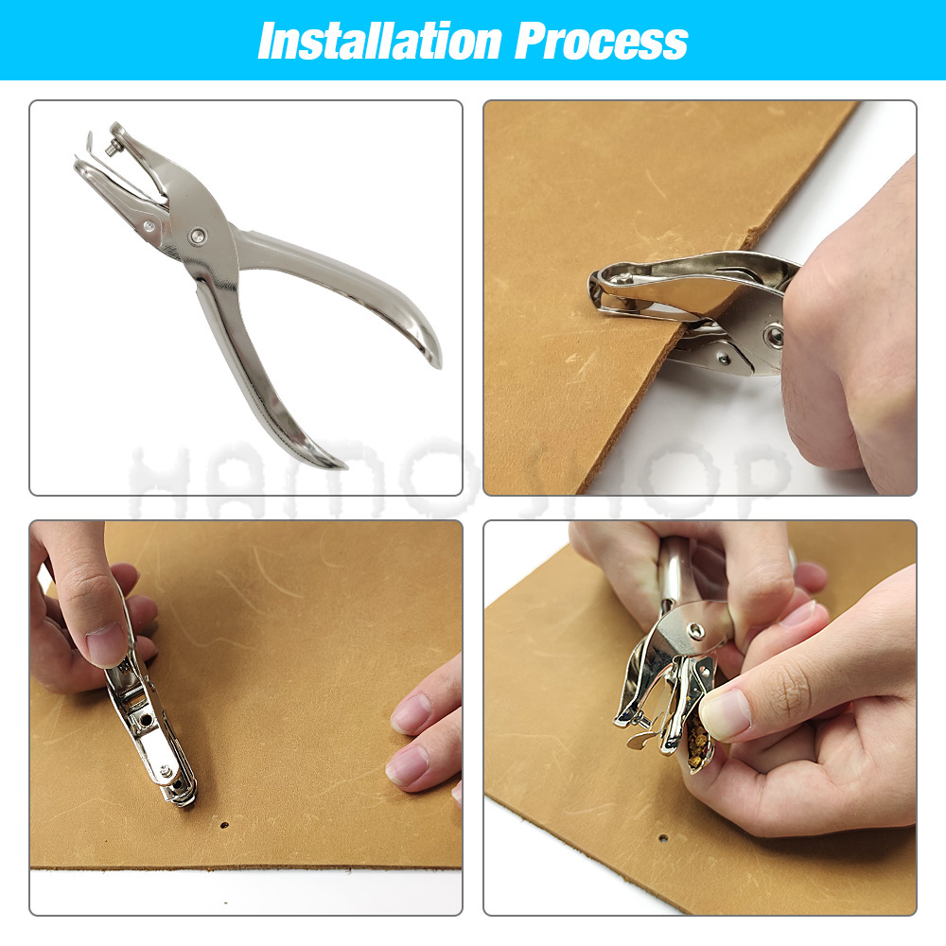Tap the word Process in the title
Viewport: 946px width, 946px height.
[x=602, y=41]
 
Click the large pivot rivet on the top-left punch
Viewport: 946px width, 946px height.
[x=196, y=235]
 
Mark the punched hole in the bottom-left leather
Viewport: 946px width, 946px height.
[x=224, y=825]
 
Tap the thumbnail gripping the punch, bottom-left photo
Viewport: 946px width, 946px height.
[x=106, y=644]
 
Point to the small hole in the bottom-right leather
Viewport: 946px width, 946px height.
[x=662, y=838]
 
